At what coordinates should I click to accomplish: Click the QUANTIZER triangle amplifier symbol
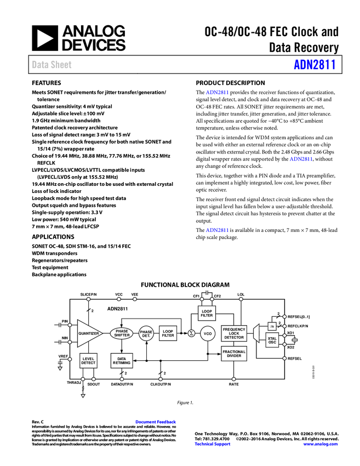pyautogui.click(x=88, y=333)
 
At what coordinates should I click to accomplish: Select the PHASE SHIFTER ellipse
pyautogui.click(x=122, y=333)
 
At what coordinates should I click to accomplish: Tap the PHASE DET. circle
pyautogui.click(x=146, y=333)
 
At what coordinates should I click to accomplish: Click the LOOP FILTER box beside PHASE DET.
pyautogui.click(x=168, y=333)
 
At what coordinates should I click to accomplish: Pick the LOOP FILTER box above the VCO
pyautogui.click(x=207, y=313)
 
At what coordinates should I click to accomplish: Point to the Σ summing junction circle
pyautogui.click(x=191, y=333)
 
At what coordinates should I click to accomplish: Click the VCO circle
pyautogui.click(x=208, y=333)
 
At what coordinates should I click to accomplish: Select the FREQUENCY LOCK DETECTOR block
pyautogui.click(x=234, y=333)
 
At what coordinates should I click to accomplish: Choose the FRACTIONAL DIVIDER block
pyautogui.click(x=234, y=354)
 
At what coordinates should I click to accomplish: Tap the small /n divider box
pyautogui.click(x=272, y=326)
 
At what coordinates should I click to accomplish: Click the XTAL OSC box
pyautogui.click(x=272, y=340)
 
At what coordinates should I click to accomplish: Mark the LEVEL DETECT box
pyautogui.click(x=88, y=360)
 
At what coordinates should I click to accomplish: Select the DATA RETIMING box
pyautogui.click(x=122, y=360)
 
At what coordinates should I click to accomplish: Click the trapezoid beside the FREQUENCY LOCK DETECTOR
pyautogui.click(x=256, y=333)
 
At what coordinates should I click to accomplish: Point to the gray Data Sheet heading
pyautogui.click(x=52, y=65)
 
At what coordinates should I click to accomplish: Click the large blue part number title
pyautogui.click(x=314, y=65)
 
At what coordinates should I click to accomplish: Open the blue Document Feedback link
pyautogui.click(x=156, y=422)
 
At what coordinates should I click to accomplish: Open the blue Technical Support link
pyautogui.click(x=213, y=444)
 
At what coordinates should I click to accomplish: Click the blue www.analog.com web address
pyautogui.click(x=321, y=444)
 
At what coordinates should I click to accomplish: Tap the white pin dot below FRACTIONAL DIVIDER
pyautogui.click(x=233, y=379)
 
